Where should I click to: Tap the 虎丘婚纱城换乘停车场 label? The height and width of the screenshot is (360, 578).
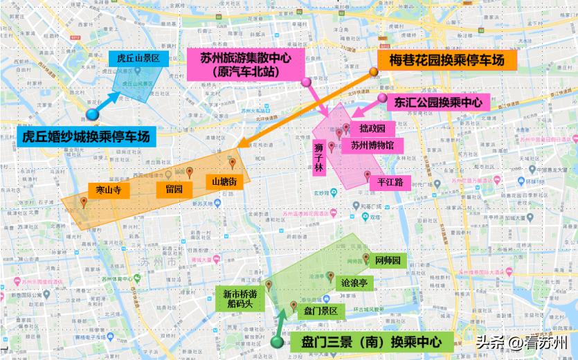pos(87,136)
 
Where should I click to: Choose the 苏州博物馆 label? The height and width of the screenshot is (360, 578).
pos(372,145)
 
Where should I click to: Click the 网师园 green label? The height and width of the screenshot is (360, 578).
pos(388,261)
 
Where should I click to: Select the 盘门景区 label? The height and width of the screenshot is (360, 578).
pos(320,312)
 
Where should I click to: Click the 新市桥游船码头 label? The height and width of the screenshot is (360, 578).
pos(239,299)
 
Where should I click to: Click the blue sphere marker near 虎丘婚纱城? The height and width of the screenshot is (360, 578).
pos(92,116)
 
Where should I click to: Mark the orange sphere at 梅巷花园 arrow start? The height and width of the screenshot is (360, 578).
pos(373,72)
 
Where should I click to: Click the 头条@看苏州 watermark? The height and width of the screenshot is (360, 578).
pos(521,342)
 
